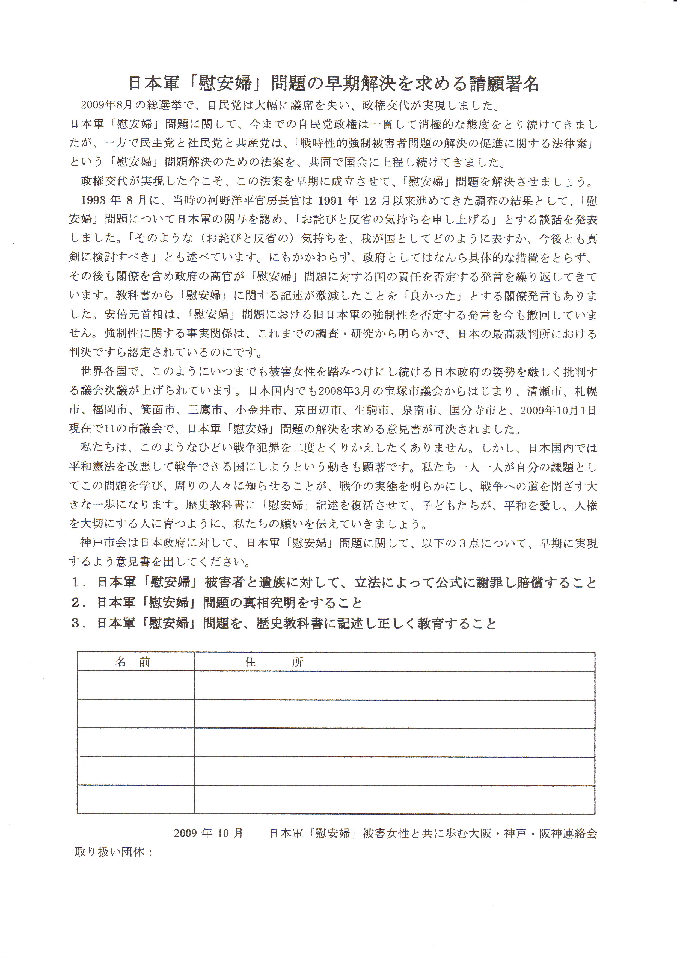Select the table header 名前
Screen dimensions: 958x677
133,662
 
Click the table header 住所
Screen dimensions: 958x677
274,662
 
